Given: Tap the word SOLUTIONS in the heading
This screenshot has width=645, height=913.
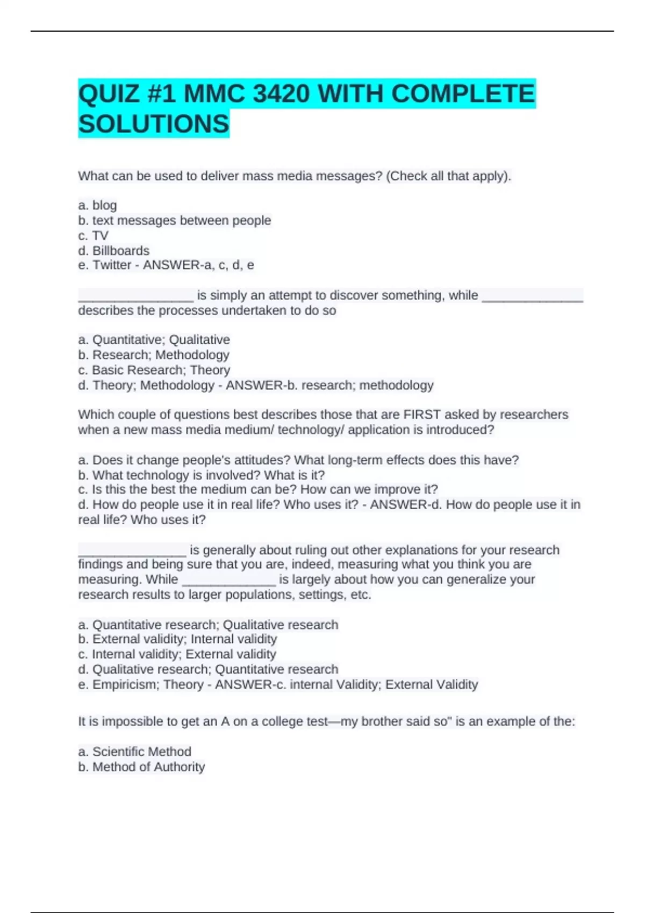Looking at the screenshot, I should (154, 124).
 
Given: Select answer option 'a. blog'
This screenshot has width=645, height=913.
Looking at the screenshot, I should (97, 205).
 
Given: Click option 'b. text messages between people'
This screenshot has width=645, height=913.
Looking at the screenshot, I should (175, 220).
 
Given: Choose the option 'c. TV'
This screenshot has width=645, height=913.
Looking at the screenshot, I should (93, 235).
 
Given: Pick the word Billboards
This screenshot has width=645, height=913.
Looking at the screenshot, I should (121, 250).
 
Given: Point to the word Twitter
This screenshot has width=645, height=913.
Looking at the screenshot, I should (112, 265).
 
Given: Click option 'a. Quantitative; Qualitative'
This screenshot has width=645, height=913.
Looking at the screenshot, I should (154, 339).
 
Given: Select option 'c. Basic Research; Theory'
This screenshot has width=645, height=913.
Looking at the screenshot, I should (154, 370).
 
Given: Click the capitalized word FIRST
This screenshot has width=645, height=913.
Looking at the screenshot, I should (422, 415).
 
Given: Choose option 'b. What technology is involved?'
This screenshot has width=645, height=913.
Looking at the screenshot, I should (201, 475).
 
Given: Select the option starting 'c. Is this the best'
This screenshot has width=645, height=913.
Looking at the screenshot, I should (257, 489).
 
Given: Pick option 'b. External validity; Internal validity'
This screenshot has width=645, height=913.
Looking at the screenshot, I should (177, 639).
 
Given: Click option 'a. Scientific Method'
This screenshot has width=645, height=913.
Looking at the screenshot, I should (134, 751).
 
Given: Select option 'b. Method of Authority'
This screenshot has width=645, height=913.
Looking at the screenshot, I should (141, 767).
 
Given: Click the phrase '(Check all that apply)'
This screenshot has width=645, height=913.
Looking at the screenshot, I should (448, 176).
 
